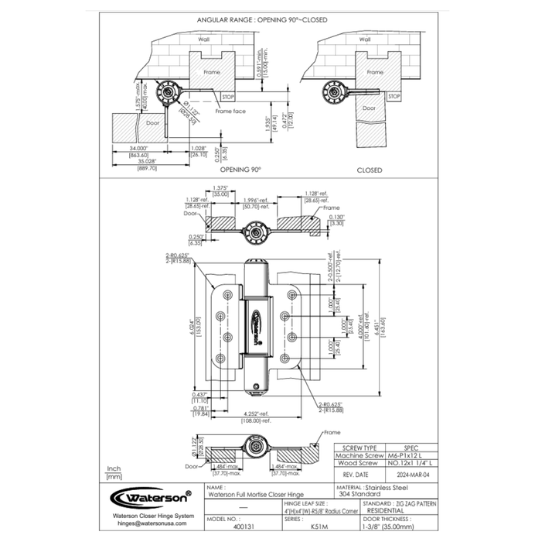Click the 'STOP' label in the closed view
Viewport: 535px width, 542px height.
point(394,96)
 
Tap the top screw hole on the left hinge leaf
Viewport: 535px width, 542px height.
point(227,294)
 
